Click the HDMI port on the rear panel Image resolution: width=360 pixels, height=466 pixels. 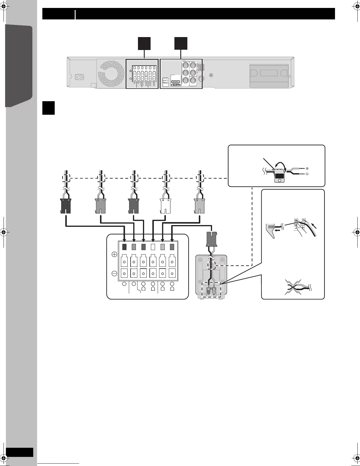pyautogui.click(x=176, y=83)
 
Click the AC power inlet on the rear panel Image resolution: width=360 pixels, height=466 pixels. pyautogui.click(x=79, y=77)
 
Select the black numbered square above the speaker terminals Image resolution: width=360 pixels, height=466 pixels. pyautogui.click(x=144, y=43)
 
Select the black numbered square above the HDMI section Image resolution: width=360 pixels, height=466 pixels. pyautogui.click(x=181, y=43)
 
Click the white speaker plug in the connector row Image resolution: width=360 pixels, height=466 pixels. pyautogui.click(x=166, y=205)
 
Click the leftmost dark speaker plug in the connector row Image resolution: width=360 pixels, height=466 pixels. pyautogui.click(x=65, y=205)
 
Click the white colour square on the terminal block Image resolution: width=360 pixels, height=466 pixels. pyautogui.click(x=153, y=247)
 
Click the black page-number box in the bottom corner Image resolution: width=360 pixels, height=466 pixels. pyautogui.click(x=19, y=452)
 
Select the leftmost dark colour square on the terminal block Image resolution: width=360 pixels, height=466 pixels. pyautogui.click(x=124, y=247)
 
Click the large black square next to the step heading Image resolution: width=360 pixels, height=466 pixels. pyautogui.click(x=49, y=108)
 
